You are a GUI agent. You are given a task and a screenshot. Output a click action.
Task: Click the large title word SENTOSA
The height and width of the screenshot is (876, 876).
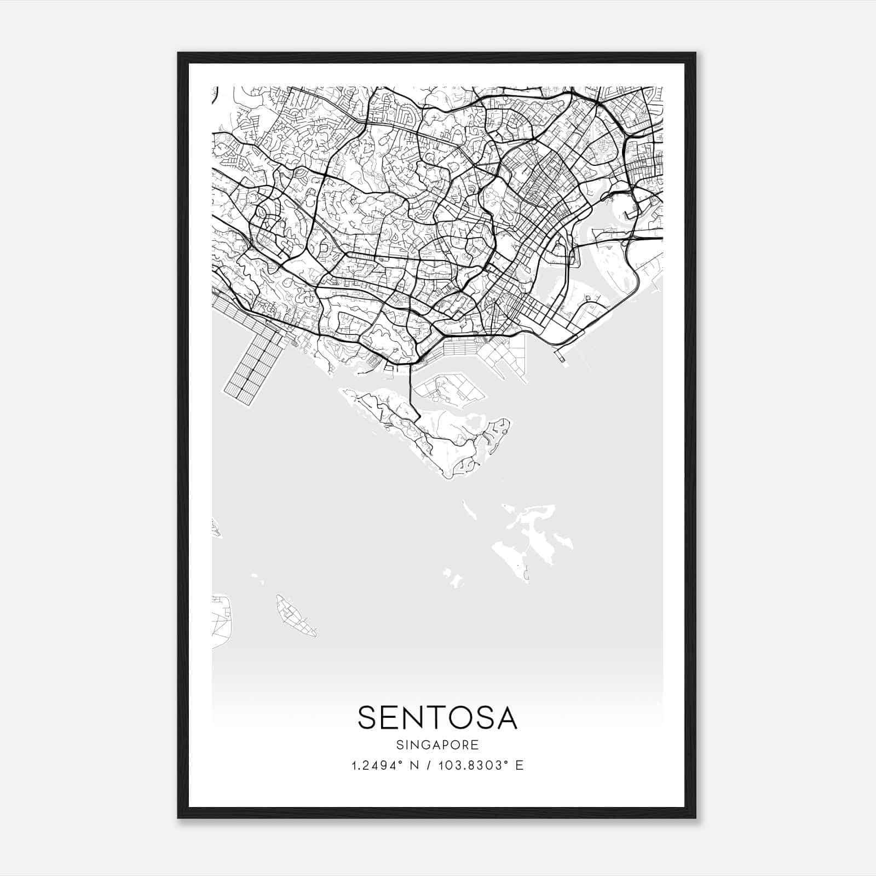tap(437, 718)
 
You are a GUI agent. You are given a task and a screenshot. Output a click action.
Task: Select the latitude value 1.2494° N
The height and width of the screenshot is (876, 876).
tap(385, 765)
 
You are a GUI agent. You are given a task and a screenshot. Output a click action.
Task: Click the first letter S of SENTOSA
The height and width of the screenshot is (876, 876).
tap(367, 718)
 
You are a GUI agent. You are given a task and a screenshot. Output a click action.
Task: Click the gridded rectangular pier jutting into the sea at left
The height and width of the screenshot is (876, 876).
tap(253, 364)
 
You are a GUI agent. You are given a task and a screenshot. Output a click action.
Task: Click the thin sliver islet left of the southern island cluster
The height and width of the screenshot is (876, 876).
tap(469, 510)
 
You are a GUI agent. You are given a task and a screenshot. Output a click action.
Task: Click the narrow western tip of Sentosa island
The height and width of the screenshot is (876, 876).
tap(344, 391)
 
